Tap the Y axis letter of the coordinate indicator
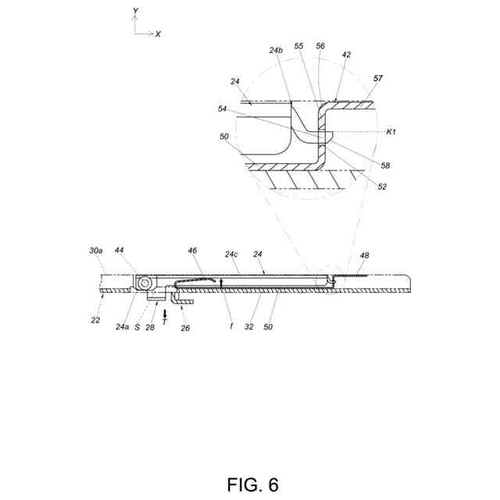point(136,11)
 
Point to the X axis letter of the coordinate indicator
point(158,34)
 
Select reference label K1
point(392,132)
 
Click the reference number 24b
point(275,51)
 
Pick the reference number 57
point(379,80)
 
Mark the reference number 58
point(385,166)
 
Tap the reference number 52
point(382,186)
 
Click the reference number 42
point(346,55)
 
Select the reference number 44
point(120,250)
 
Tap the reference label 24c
point(231,254)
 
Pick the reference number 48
point(365,256)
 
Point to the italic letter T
point(164,320)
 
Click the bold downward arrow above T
point(164,312)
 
